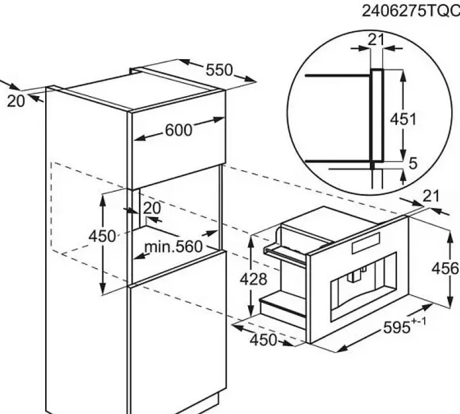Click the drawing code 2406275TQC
pos(411,12)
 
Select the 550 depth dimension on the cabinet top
pos(219,70)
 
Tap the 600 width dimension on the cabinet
pos(179,130)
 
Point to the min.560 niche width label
pos(174,247)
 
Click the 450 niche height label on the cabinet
pos(102,236)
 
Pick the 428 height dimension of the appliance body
pos(253,279)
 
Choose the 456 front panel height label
pos(445,269)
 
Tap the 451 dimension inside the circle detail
pos(403,119)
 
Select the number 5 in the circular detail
pos(413,163)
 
